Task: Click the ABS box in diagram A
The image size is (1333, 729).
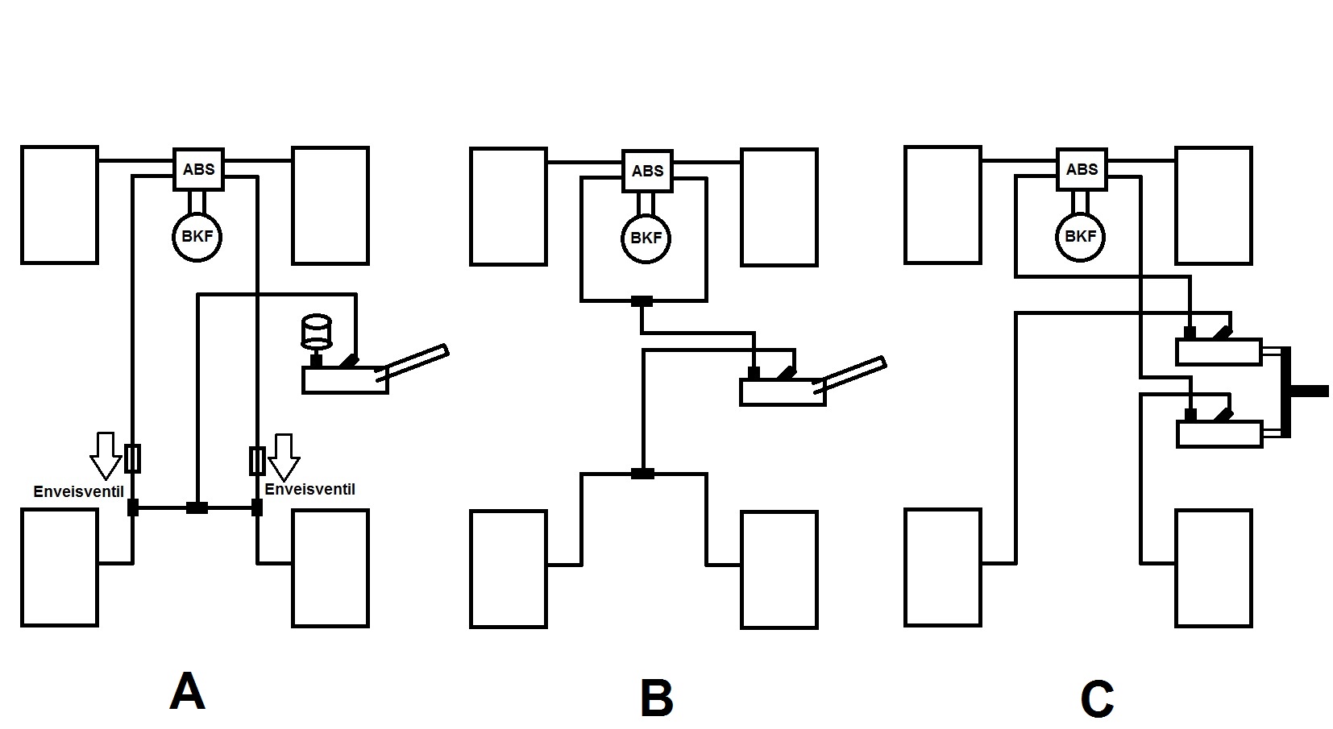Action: [x=199, y=169]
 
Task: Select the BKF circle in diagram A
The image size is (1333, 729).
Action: [x=197, y=237]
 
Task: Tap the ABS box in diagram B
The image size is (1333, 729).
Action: [x=647, y=171]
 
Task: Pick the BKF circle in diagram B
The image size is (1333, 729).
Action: [x=646, y=238]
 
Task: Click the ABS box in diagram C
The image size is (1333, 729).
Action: [x=1082, y=169]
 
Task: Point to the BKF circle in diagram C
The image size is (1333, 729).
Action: [x=1080, y=237]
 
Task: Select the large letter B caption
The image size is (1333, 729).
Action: [x=656, y=698]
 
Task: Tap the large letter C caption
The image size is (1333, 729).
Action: [x=1097, y=698]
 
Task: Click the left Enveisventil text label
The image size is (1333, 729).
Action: [x=78, y=491]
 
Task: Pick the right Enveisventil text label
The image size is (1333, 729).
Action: [x=309, y=490]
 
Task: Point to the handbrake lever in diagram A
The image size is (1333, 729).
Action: [x=414, y=361]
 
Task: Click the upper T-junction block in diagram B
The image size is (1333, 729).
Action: [x=642, y=302]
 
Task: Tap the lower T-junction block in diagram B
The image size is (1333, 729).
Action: [x=642, y=474]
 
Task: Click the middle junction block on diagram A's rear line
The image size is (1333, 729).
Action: [x=197, y=507]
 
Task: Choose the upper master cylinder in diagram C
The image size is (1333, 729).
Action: [x=1219, y=352]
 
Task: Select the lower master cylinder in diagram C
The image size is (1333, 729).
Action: [x=1219, y=434]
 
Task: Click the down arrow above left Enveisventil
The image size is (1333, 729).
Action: [x=105, y=454]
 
